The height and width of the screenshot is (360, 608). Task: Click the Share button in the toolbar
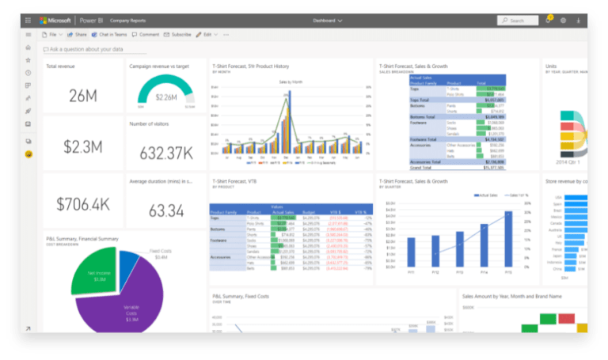78,35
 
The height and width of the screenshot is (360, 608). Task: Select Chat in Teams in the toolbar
109,35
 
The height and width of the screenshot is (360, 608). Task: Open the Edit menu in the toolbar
207,35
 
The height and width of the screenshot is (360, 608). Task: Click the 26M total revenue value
82,96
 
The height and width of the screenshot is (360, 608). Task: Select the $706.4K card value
82,203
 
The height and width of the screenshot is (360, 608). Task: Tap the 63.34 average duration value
166,210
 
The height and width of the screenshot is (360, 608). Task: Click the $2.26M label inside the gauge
166,97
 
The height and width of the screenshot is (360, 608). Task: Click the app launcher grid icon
28,21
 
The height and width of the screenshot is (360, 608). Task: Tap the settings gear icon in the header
563,21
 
